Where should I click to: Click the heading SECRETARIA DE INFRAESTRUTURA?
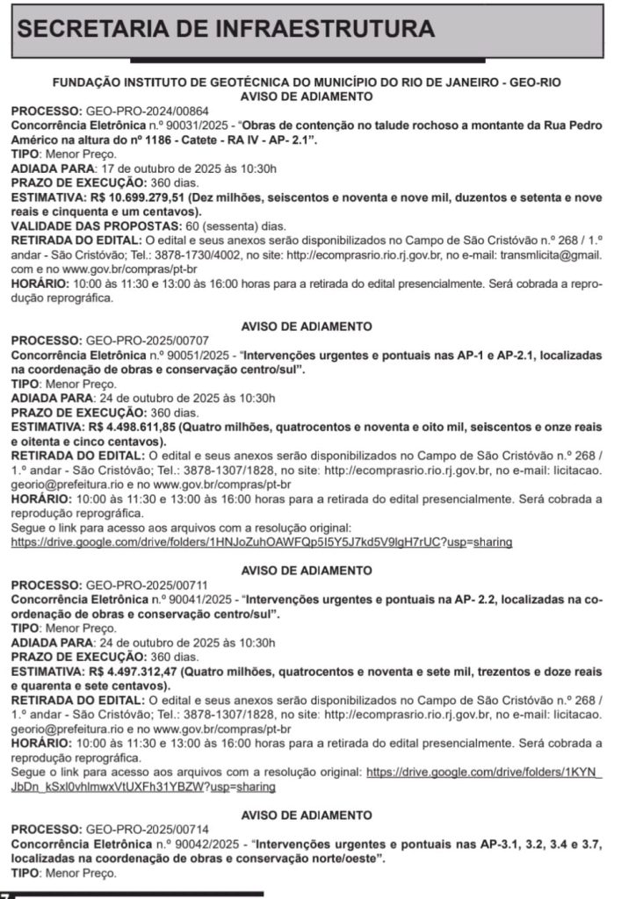[x=226, y=29]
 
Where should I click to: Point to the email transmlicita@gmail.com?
[x=551, y=255]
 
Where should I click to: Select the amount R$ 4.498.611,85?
[x=127, y=427]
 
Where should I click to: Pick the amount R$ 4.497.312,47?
[x=127, y=672]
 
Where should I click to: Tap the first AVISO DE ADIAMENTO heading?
[x=307, y=96]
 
